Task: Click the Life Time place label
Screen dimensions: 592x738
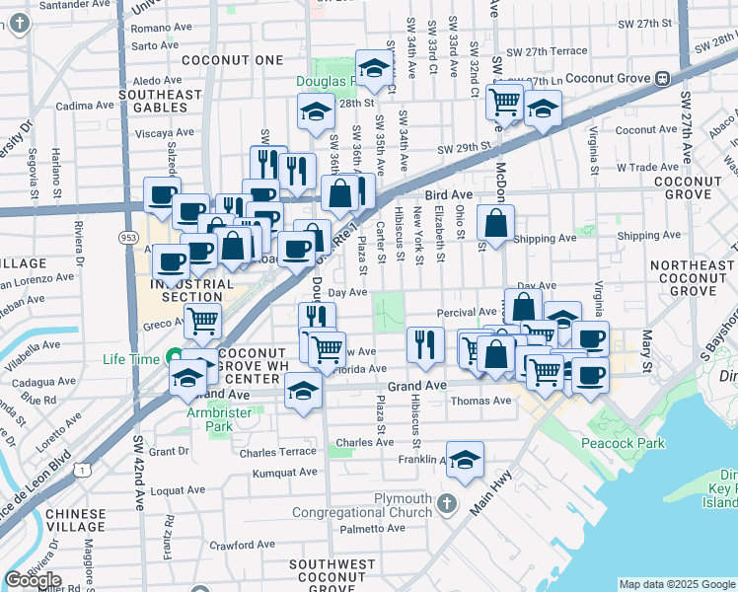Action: click(x=131, y=359)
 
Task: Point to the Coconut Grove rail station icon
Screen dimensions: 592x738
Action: click(x=662, y=78)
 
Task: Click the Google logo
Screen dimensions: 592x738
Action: click(x=33, y=580)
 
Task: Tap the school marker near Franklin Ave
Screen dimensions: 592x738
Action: click(x=465, y=460)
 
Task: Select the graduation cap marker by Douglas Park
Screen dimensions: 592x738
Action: click(x=374, y=69)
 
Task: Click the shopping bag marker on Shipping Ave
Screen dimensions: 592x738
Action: click(x=495, y=224)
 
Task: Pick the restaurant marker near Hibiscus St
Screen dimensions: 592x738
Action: click(x=425, y=345)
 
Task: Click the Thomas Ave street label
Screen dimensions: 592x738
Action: click(x=480, y=401)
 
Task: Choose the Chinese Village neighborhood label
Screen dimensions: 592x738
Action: click(x=65, y=520)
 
